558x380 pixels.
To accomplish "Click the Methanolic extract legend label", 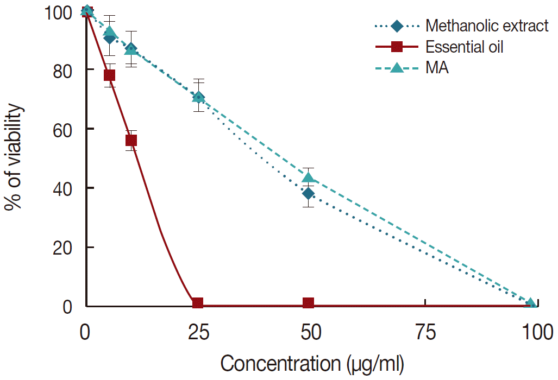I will tap(487, 26).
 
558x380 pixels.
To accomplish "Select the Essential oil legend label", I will tap(465, 47).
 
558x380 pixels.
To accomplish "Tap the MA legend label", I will tap(437, 69).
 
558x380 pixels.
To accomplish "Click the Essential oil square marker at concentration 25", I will tap(198, 303).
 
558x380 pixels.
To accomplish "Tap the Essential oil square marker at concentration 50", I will tap(309, 303).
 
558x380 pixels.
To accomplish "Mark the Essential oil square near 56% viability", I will tap(131, 141).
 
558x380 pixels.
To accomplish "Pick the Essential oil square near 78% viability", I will tap(109, 75).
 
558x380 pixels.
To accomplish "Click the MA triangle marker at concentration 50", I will tap(309, 177).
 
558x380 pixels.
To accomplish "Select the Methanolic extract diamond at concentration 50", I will tap(309, 194).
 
